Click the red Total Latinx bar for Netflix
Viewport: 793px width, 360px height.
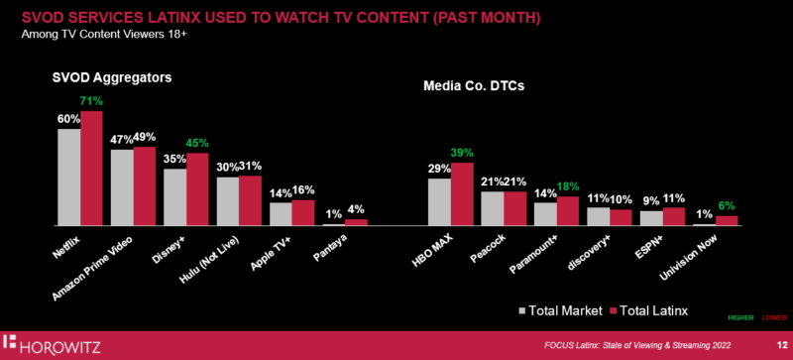point(91,169)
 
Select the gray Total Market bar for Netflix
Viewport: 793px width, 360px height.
point(68,178)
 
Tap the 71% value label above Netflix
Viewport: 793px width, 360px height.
point(91,101)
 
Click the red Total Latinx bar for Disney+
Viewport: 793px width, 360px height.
point(197,189)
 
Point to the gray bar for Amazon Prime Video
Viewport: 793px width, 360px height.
point(122,187)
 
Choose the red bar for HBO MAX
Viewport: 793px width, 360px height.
point(462,194)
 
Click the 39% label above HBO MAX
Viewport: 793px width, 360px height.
point(463,153)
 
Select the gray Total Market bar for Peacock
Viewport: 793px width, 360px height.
point(492,208)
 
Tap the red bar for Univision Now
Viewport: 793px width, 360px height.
point(728,221)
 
